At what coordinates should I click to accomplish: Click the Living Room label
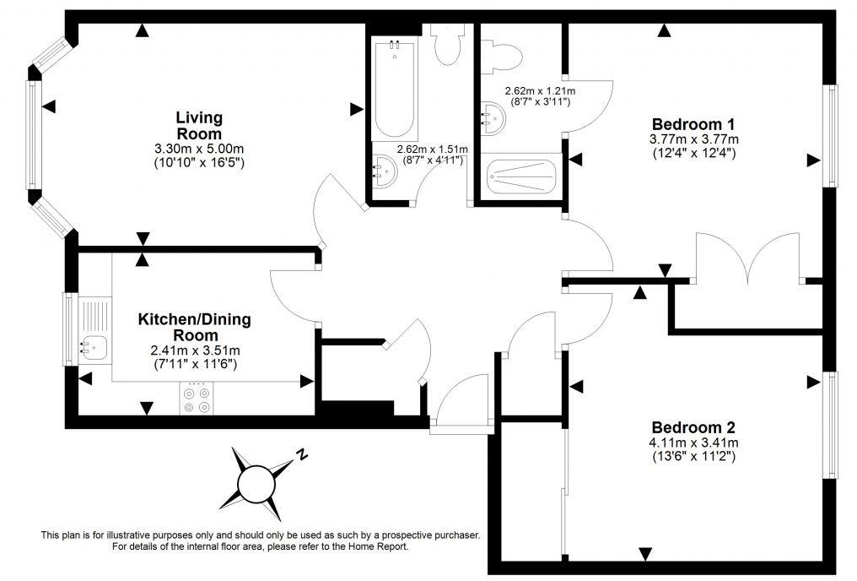(x=199, y=125)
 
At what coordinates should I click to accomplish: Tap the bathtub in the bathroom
(x=393, y=91)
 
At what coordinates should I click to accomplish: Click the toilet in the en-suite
(x=505, y=54)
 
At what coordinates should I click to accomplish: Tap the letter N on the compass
(x=300, y=456)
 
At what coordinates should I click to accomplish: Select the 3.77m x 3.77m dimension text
(x=693, y=139)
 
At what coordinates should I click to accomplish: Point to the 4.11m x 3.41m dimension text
(x=693, y=443)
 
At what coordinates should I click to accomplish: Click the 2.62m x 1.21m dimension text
(x=540, y=91)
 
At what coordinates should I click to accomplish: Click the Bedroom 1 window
(x=831, y=135)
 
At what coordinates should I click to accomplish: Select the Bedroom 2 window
(x=831, y=424)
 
